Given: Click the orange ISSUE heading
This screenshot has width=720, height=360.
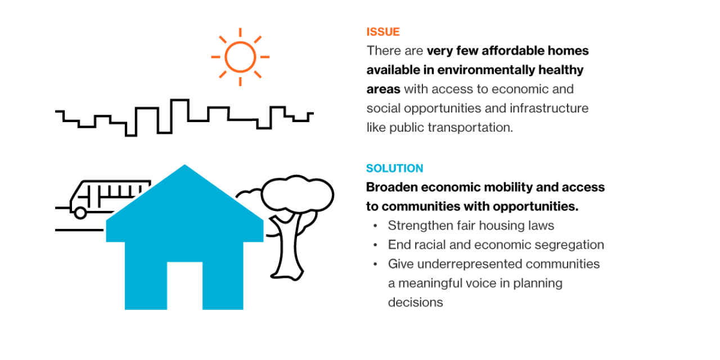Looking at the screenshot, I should pos(383,31).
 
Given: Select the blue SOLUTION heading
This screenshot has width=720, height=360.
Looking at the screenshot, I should pos(394,168).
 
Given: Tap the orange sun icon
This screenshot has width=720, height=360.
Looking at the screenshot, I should pos(240,57).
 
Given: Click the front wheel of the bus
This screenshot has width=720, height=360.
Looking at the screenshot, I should pos(80,213).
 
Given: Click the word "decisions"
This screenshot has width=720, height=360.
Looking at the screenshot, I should pos(415,302).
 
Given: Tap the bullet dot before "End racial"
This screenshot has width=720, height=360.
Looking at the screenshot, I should pos(375,245).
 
